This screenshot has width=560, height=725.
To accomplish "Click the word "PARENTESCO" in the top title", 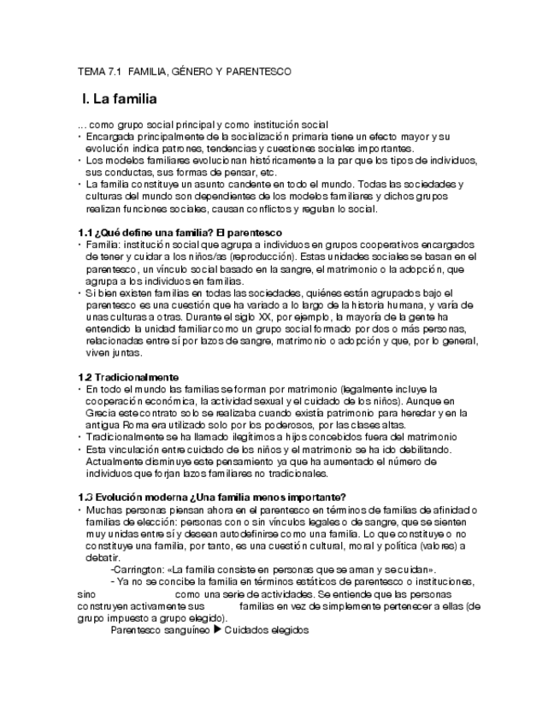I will coord(256,72).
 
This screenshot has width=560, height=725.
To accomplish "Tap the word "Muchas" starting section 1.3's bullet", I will coord(103,510).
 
